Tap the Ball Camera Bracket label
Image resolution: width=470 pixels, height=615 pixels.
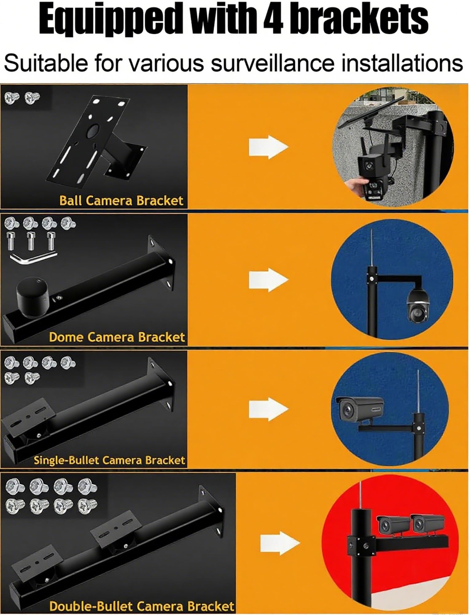point(121,200)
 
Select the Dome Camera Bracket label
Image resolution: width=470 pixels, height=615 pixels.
point(117,337)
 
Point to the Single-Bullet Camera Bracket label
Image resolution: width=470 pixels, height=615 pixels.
point(109,460)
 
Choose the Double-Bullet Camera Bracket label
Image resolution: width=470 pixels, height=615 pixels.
point(142,598)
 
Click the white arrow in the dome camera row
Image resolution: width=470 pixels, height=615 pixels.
point(269,280)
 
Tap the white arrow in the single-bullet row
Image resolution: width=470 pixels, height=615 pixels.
point(269,409)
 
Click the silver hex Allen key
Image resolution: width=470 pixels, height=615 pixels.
point(33,257)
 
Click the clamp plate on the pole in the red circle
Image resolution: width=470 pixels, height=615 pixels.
point(362,546)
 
